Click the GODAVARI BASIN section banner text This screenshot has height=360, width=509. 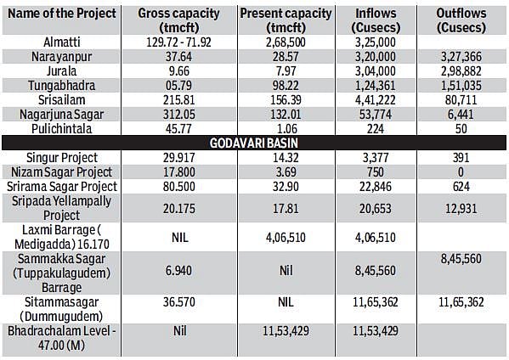coord(253,143)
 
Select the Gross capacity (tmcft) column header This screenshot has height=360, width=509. coord(178,20)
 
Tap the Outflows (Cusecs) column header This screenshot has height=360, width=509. coord(461,20)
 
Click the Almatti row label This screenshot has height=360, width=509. coord(62,42)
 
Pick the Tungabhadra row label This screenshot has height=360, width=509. coord(62,86)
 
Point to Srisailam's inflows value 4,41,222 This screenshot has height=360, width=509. coord(376,100)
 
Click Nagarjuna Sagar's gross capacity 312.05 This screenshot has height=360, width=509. coord(178,115)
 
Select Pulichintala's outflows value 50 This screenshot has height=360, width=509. coord(461,129)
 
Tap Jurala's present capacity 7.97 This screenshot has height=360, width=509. coord(286,71)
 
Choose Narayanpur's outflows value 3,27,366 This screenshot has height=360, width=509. coord(461,57)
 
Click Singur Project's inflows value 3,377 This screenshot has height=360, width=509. coord(376,158)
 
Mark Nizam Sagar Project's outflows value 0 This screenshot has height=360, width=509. coord(461,172)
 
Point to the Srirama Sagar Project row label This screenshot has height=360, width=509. coord(62,187)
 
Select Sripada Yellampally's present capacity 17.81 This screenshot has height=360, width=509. coord(286,209)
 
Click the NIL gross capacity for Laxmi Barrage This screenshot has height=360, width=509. coord(179,238)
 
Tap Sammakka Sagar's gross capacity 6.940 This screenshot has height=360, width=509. coord(178,271)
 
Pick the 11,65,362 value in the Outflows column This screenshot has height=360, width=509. coord(461,302)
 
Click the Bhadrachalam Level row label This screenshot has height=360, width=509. coord(62,338)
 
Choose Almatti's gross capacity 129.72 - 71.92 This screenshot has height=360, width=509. coord(178,42)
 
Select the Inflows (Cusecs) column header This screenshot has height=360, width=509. coord(376,20)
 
